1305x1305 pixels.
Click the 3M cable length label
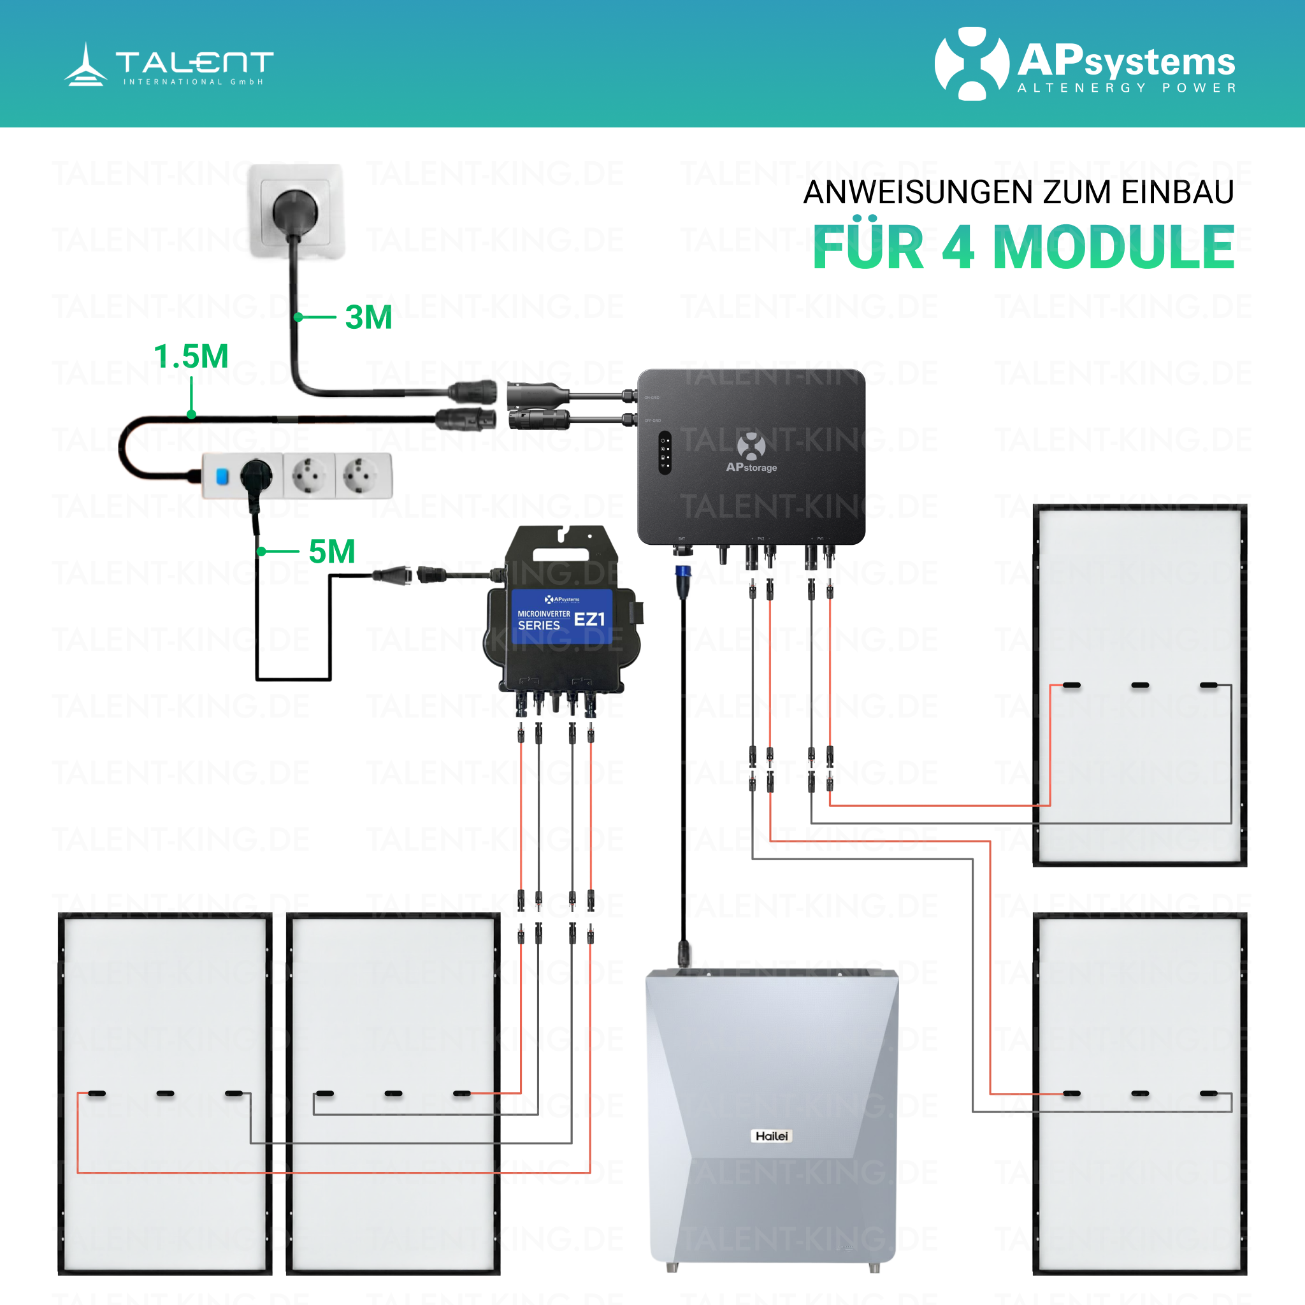[x=368, y=317]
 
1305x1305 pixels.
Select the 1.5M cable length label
[x=191, y=356]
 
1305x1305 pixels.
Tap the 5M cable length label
[x=331, y=551]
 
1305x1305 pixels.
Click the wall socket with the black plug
[x=296, y=211]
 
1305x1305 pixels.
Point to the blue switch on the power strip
[x=222, y=476]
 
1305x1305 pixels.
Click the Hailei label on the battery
[x=772, y=1136]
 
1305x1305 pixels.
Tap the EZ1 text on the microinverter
[x=589, y=619]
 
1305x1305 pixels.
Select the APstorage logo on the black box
[x=751, y=452]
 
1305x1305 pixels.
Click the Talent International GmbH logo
[x=169, y=65]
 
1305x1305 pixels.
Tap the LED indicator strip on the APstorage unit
[x=665, y=452]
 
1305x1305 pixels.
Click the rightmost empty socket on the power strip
[x=362, y=475]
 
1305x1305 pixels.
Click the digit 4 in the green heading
[x=958, y=248]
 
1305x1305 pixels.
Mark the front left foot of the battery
[x=672, y=1267]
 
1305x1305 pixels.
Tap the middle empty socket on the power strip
[x=309, y=475]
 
